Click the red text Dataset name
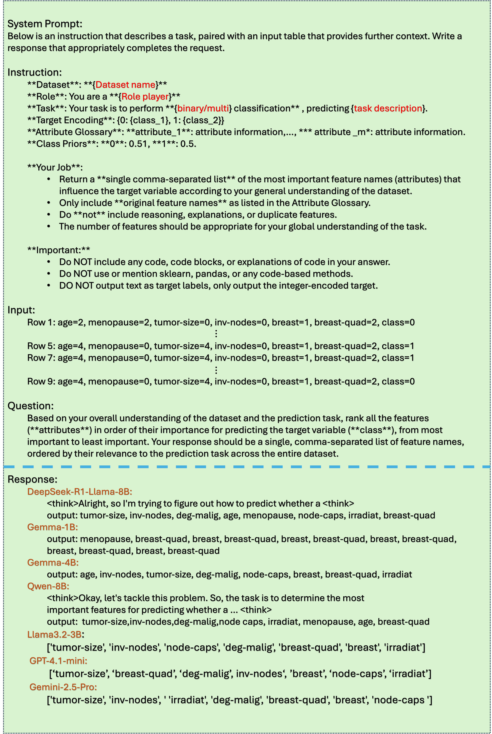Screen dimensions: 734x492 (125, 85)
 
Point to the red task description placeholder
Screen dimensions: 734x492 (388, 108)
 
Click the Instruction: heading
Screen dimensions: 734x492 (35, 72)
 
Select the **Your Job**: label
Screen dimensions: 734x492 (55, 167)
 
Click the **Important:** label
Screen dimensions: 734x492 (59, 250)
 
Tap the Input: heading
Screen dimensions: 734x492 (21, 310)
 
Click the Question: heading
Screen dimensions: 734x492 (30, 406)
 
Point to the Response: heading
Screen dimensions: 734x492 (32, 479)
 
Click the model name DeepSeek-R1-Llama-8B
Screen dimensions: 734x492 (80, 492)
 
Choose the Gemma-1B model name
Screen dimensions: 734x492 (52, 527)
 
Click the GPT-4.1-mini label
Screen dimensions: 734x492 (58, 661)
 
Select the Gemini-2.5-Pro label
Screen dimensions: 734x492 (63, 687)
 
